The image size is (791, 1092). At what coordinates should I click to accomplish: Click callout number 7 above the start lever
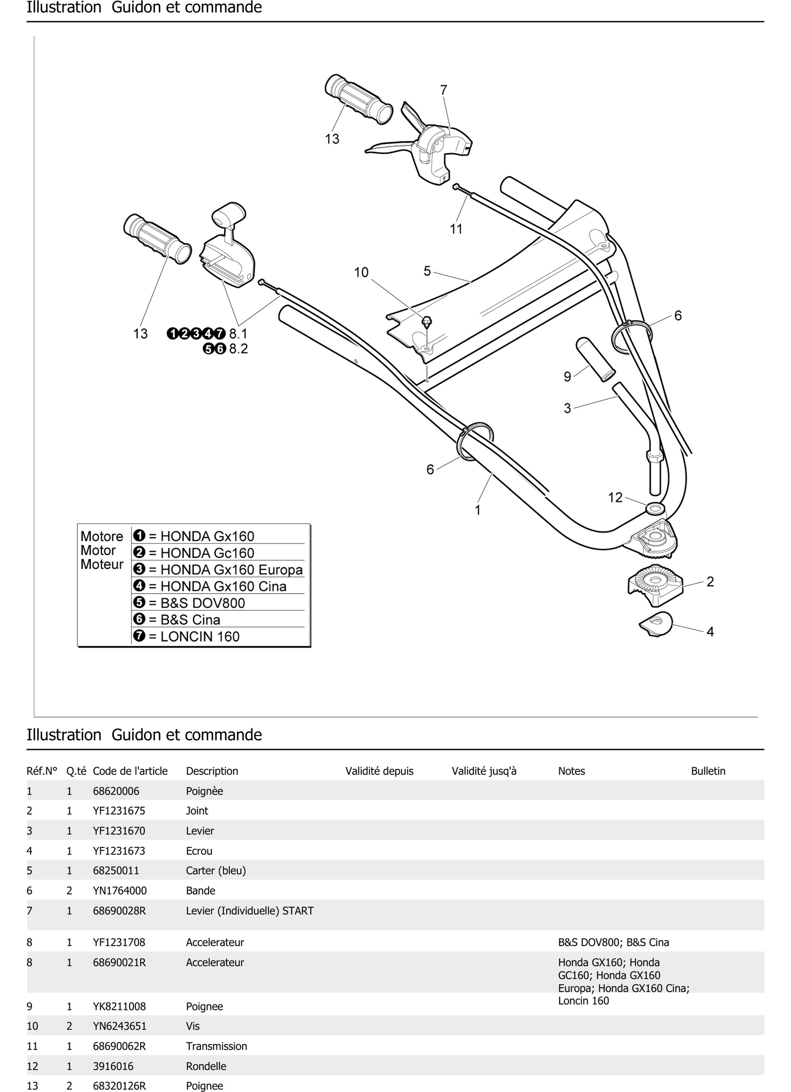(x=443, y=90)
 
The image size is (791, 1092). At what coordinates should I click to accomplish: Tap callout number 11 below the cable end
(x=456, y=229)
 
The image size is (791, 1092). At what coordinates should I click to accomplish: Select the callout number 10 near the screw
(x=361, y=273)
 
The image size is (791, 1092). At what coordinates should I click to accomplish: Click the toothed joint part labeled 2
(x=655, y=584)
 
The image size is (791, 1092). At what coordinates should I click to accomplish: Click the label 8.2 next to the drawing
(x=238, y=349)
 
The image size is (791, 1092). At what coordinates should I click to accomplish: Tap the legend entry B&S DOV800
(x=202, y=603)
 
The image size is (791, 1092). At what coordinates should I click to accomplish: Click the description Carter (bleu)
(x=216, y=870)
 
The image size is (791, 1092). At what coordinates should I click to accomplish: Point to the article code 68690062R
(x=119, y=1046)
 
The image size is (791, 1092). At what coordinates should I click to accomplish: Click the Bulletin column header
(x=708, y=771)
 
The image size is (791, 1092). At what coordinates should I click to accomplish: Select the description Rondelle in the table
(x=206, y=1066)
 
